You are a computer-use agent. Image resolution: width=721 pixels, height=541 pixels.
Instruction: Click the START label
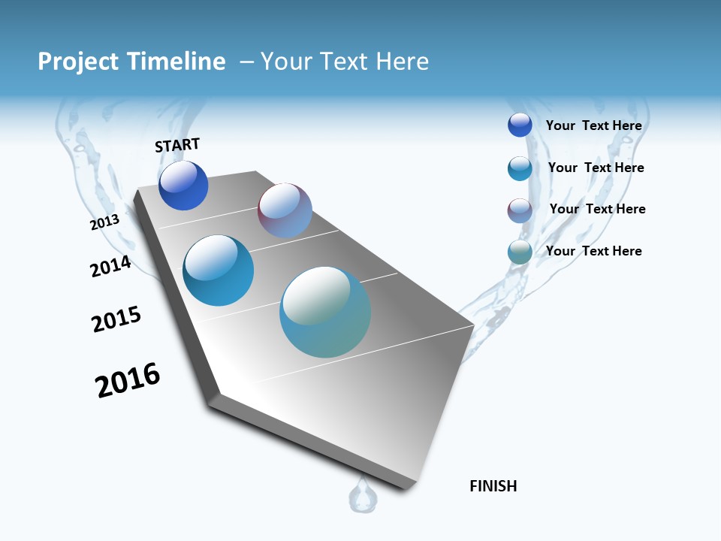(x=177, y=145)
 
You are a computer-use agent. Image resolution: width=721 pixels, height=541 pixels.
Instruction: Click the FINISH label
(x=493, y=486)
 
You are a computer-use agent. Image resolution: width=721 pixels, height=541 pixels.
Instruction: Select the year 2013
(x=104, y=222)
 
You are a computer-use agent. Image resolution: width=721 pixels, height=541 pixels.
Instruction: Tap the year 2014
(x=110, y=266)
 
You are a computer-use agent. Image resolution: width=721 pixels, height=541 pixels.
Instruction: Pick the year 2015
(x=116, y=319)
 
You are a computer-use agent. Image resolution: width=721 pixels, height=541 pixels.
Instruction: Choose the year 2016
(x=128, y=381)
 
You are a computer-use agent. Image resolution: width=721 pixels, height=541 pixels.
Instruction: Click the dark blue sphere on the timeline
(x=183, y=186)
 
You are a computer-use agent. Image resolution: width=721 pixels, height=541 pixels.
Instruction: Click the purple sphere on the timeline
(x=285, y=210)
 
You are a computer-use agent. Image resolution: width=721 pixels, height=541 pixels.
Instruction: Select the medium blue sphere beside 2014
(x=218, y=270)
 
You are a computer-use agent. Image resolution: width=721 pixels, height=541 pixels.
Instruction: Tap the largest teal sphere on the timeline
(x=325, y=312)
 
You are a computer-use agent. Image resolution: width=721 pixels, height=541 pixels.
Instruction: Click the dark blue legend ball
(x=520, y=125)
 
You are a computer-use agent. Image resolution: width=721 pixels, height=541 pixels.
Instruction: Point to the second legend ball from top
(x=520, y=168)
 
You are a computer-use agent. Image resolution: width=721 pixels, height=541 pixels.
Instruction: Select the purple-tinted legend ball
(x=520, y=210)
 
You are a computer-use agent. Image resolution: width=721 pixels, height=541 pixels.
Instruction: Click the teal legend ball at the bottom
(x=520, y=252)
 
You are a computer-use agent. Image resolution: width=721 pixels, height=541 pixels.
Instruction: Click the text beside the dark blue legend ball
(x=593, y=125)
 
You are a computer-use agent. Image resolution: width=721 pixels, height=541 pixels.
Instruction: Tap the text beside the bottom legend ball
(x=593, y=251)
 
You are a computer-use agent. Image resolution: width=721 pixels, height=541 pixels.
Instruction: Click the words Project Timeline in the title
(x=131, y=62)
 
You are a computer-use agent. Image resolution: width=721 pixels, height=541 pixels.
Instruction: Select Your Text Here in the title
(x=344, y=62)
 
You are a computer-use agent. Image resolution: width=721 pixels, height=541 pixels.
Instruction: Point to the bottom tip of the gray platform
(x=406, y=487)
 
